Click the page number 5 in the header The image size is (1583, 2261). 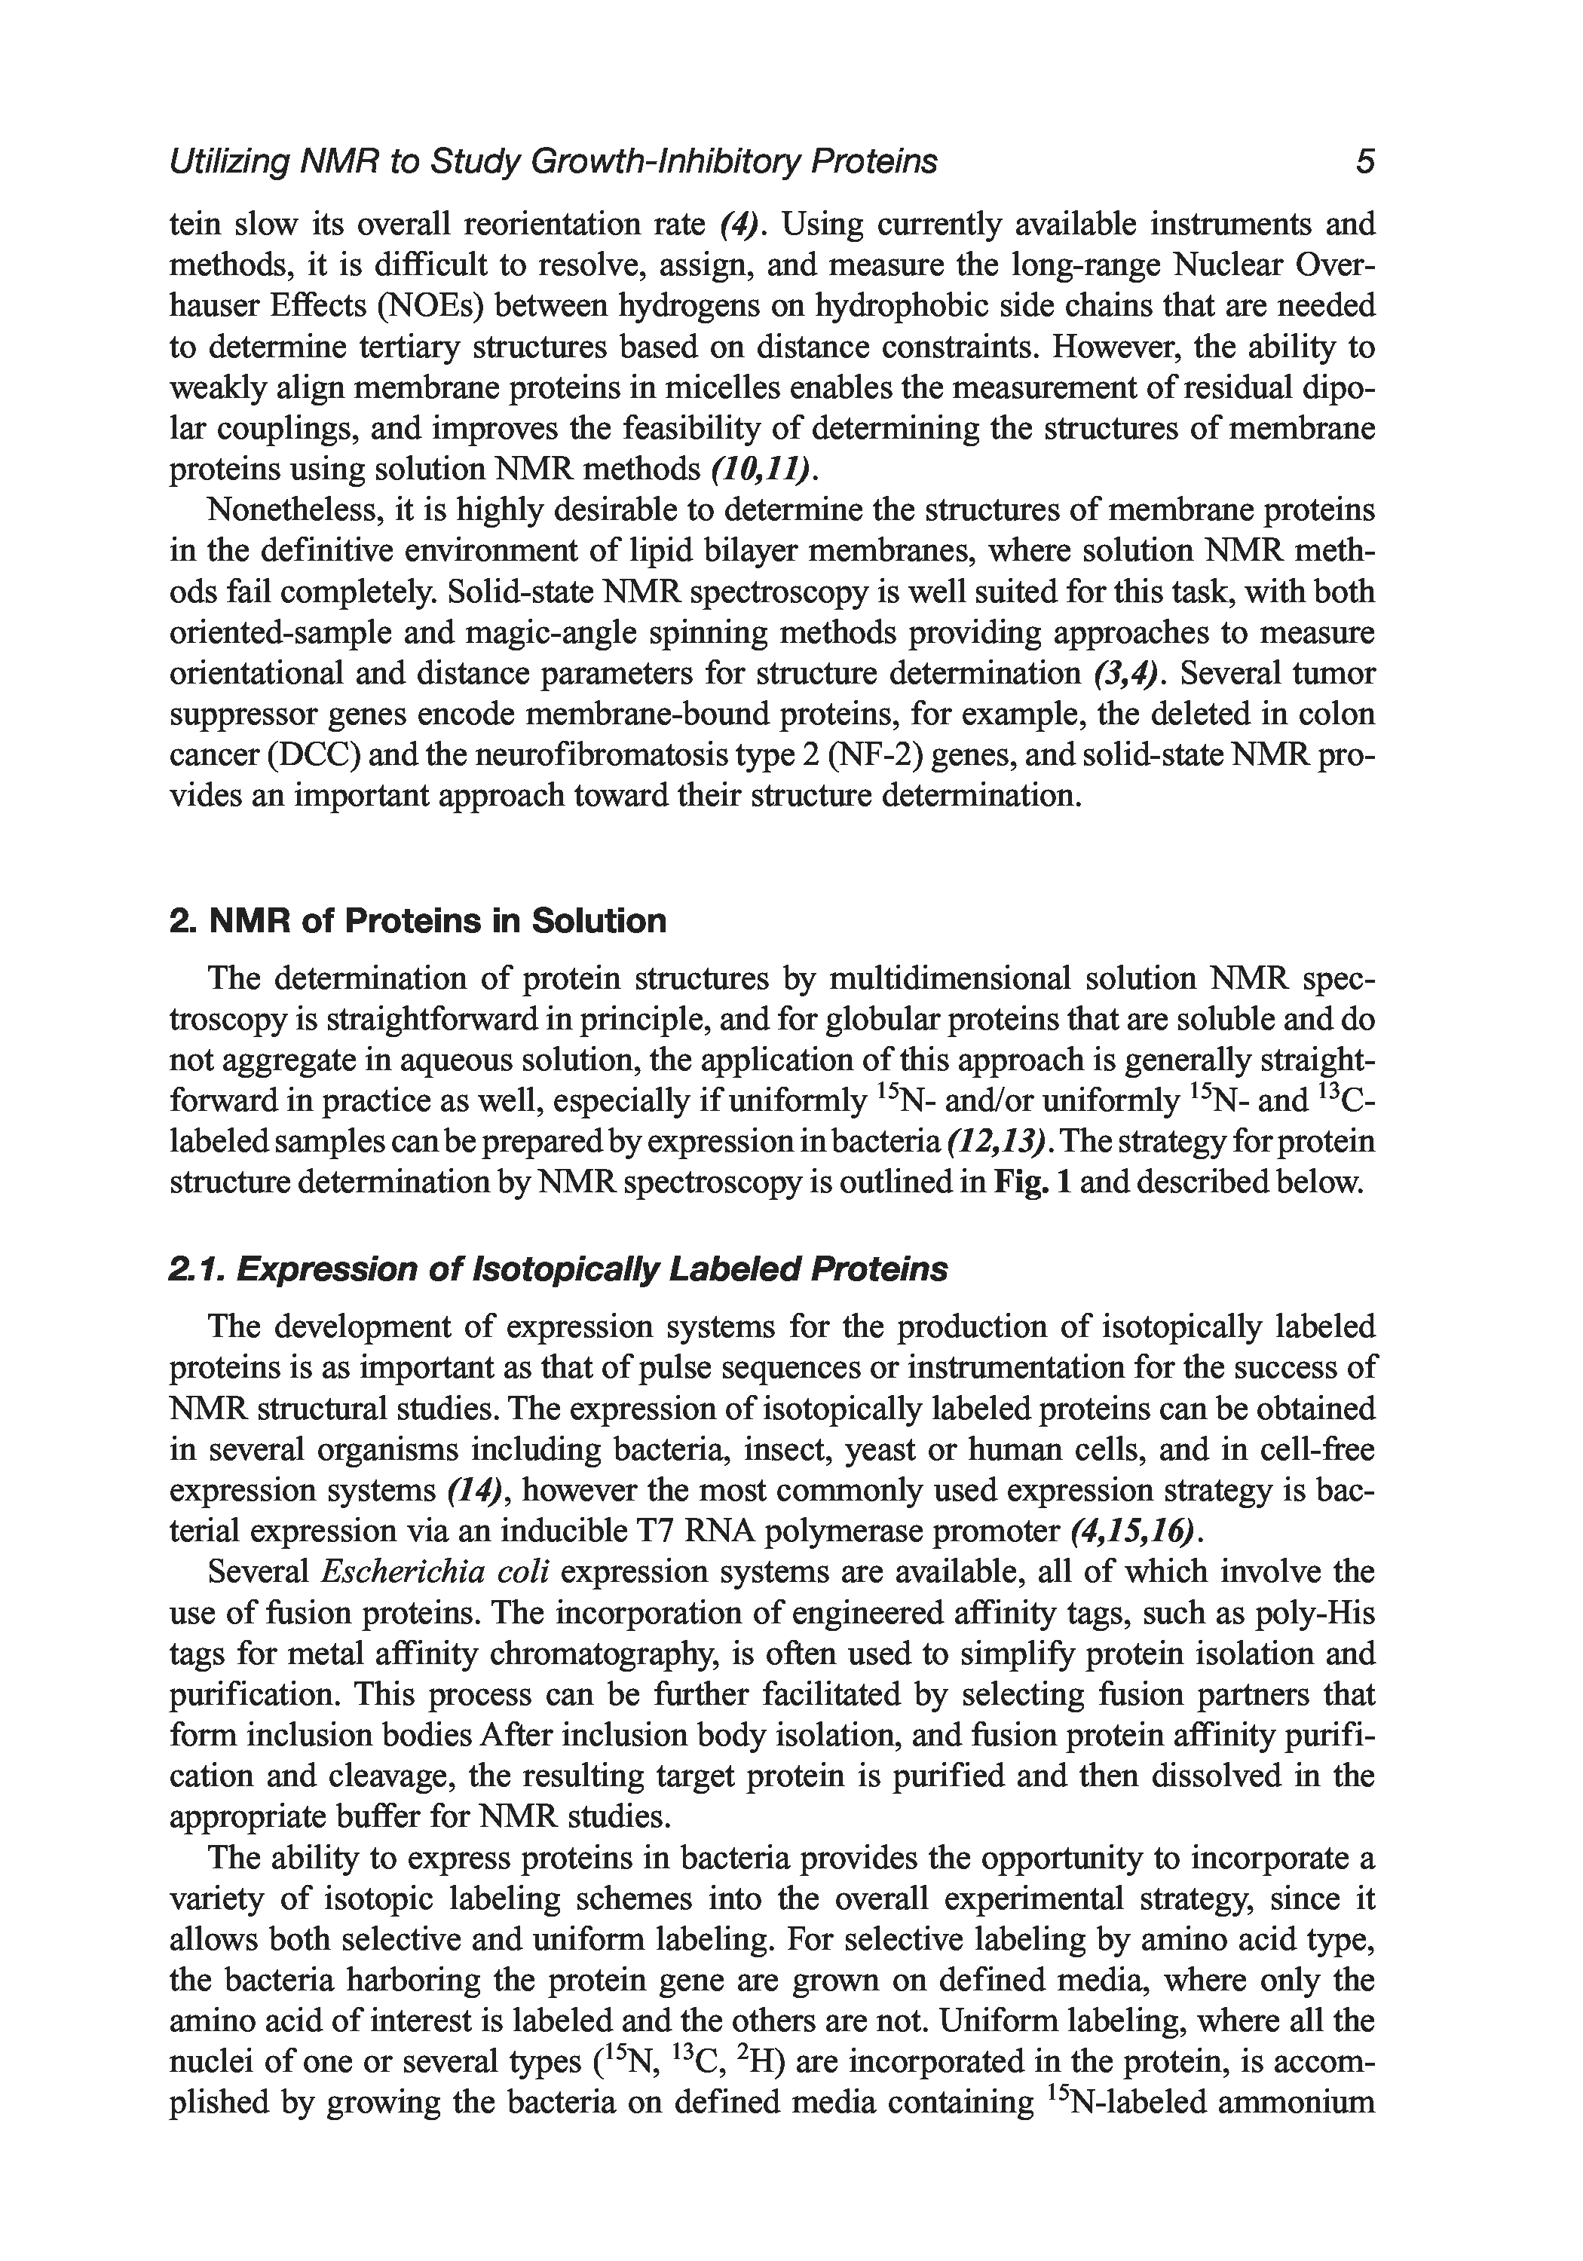click(1364, 161)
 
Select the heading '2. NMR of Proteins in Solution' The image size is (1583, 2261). click(418, 921)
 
